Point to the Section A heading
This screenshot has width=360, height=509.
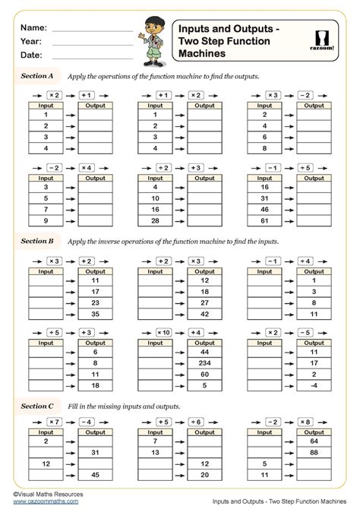click(36, 77)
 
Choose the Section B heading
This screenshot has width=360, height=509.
click(36, 240)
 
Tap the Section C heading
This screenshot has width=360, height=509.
click(36, 405)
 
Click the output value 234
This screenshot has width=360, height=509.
click(204, 363)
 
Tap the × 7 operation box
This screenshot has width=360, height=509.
click(54, 421)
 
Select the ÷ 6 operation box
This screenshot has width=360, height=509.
click(196, 421)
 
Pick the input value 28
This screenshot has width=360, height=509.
click(156, 220)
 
